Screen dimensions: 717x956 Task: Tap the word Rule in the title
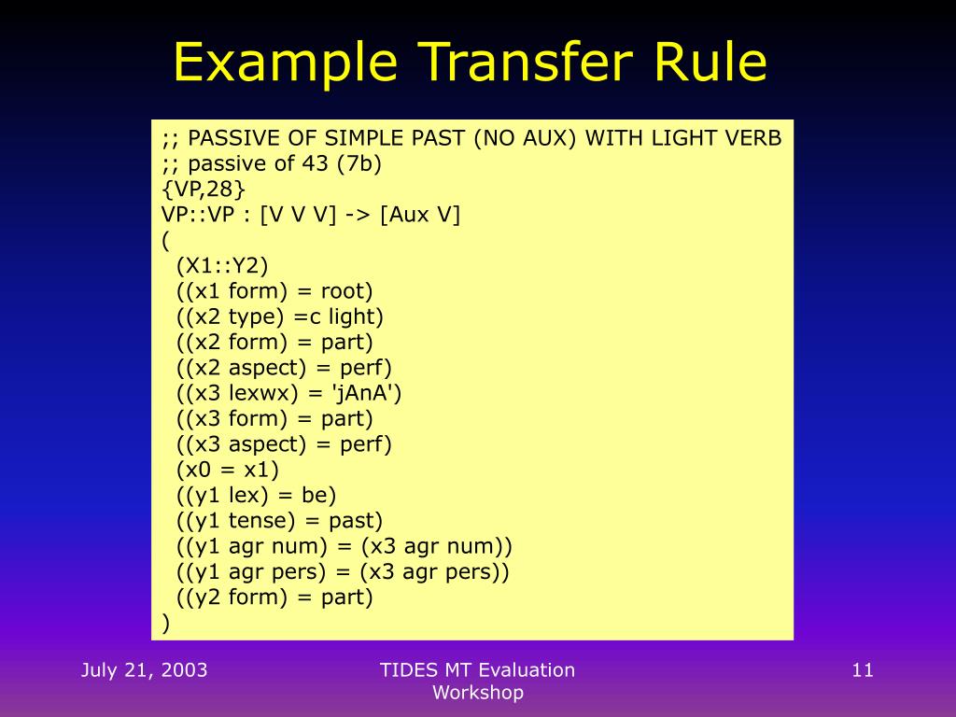pos(710,63)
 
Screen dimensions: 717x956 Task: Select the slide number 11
pos(862,669)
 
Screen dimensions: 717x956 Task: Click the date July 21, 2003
pos(144,669)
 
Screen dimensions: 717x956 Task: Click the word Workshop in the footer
pos(478,693)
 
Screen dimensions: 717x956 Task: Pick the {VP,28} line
pos(204,190)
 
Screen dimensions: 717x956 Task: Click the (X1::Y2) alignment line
pos(221,265)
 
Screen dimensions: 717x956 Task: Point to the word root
pos(345,291)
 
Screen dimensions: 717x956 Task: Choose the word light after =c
pos(355,316)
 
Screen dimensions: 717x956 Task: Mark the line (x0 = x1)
pos(227,470)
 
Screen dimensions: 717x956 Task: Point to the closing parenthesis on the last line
pos(166,623)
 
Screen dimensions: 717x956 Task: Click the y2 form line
pos(274,597)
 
